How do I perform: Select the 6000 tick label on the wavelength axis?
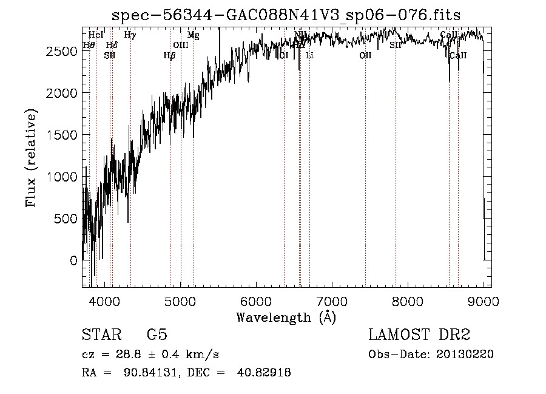click(255, 301)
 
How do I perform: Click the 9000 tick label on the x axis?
click(483, 301)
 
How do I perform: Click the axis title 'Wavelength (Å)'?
click(286, 316)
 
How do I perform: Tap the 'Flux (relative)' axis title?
click(31, 158)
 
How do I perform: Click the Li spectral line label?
click(309, 55)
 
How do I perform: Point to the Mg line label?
click(193, 35)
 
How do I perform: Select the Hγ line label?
click(130, 35)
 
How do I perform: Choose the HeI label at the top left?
click(96, 35)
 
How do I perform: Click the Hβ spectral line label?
click(169, 55)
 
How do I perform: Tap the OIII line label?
click(181, 45)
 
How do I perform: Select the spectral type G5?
click(157, 335)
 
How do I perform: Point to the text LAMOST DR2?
click(419, 335)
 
